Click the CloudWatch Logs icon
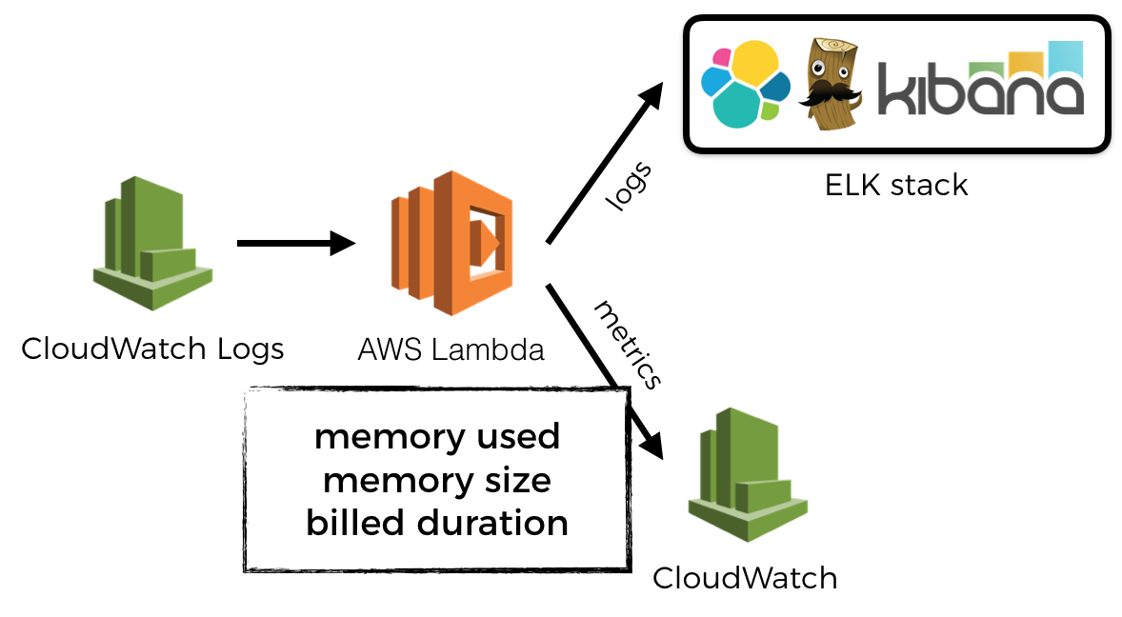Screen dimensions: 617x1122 click(x=152, y=242)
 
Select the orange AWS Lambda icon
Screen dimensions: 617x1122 click(x=451, y=244)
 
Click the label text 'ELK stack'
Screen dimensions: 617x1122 click(x=896, y=184)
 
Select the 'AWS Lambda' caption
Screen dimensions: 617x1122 click(x=451, y=349)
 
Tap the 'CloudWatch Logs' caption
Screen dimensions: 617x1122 click(x=152, y=348)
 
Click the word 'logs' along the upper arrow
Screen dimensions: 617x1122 click(x=627, y=186)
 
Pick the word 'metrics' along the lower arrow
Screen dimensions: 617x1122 click(x=627, y=344)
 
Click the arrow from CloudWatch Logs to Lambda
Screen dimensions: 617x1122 click(x=295, y=244)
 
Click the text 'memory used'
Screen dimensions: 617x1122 click(x=437, y=437)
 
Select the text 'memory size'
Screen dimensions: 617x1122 click(x=437, y=480)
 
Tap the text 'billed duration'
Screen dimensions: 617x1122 click(x=437, y=523)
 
